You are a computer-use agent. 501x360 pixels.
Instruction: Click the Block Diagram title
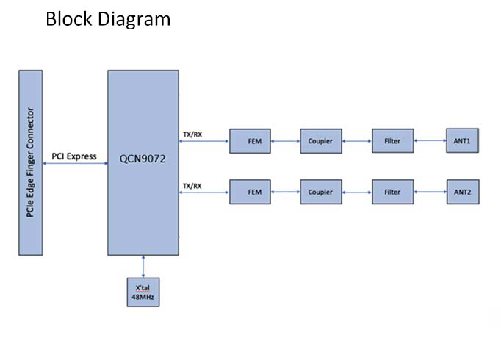108,19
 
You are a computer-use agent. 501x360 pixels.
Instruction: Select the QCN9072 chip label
143,157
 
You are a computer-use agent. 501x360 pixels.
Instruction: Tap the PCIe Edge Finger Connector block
29,162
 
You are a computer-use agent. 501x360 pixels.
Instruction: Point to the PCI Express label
74,156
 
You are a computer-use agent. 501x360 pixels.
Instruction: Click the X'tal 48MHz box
143,292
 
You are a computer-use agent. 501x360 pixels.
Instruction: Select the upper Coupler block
320,140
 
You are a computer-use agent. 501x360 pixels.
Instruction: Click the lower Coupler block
320,192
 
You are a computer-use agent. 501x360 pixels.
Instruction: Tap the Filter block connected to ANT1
392,140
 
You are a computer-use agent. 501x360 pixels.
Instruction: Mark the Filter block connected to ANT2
392,192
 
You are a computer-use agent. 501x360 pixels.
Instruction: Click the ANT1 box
462,140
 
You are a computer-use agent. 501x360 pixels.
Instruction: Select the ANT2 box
462,192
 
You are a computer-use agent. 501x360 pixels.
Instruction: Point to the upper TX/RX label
192,134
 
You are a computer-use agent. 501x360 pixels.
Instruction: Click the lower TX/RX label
192,186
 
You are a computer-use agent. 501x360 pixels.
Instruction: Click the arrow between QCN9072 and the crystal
143,266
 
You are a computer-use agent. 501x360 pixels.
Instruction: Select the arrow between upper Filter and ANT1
430,140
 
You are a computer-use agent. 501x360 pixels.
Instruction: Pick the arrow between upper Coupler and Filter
357,140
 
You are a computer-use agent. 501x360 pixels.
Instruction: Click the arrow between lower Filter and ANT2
430,192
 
